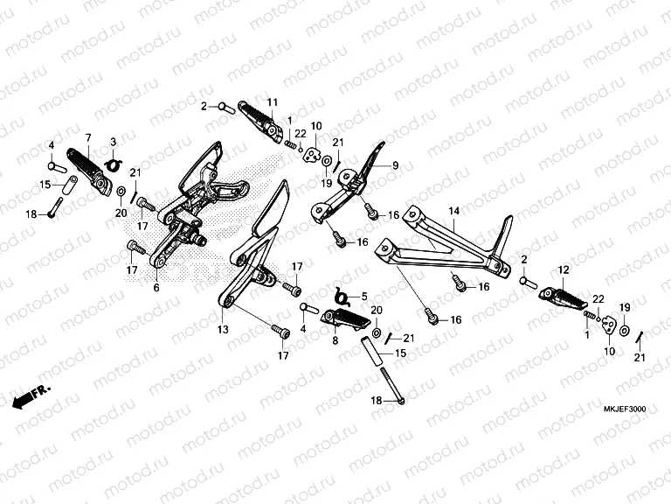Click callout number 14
pos(453,211)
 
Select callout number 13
pos(223,329)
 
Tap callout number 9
pos(395,164)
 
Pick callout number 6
pos(156,287)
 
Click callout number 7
pos(88,138)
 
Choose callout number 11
pos(273,102)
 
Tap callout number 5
pos(364,296)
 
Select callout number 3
pos(113,142)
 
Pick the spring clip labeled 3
pos(112,163)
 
